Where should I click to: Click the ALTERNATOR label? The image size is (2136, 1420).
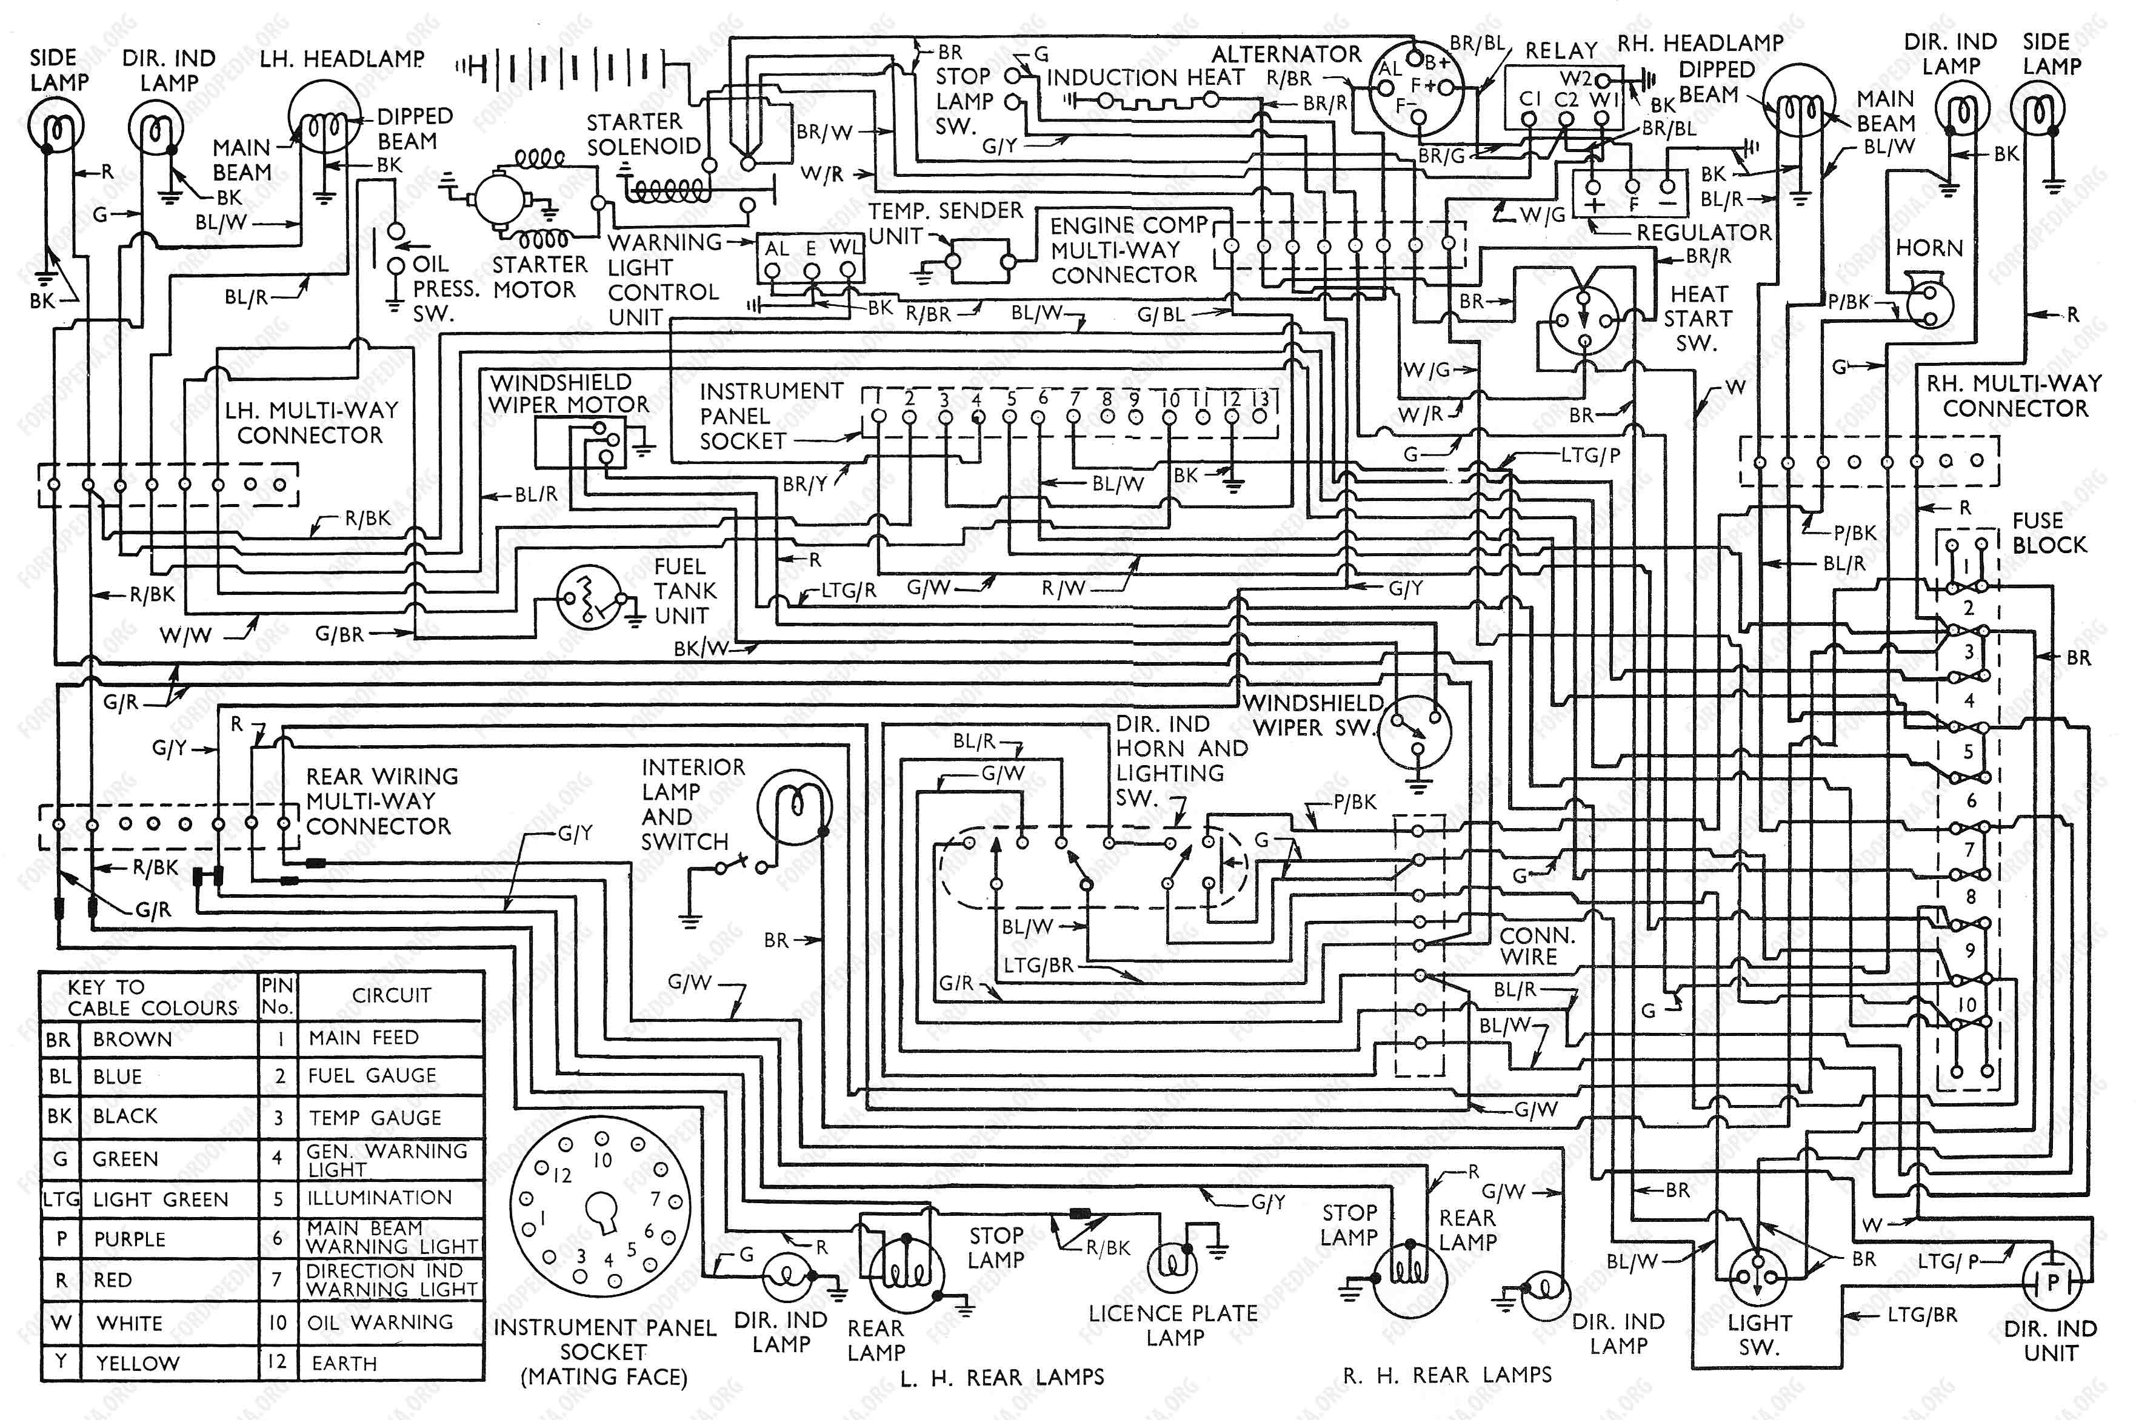click(x=1286, y=55)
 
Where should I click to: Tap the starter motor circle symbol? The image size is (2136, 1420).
click(x=498, y=196)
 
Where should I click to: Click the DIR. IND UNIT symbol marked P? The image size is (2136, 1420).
click(x=2053, y=1281)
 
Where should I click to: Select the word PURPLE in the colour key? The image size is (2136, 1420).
click(x=130, y=1239)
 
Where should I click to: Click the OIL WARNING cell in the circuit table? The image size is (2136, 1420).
click(x=381, y=1322)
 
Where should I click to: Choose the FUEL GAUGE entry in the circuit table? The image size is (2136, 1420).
click(x=372, y=1076)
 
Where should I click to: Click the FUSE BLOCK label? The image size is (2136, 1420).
click(x=2049, y=532)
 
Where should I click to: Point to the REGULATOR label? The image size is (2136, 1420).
click(x=1703, y=233)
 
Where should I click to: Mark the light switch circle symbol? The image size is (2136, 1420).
click(x=1757, y=1279)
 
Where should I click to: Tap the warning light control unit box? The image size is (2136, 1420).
click(x=811, y=259)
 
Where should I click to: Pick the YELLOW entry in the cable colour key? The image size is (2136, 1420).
click(x=138, y=1363)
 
